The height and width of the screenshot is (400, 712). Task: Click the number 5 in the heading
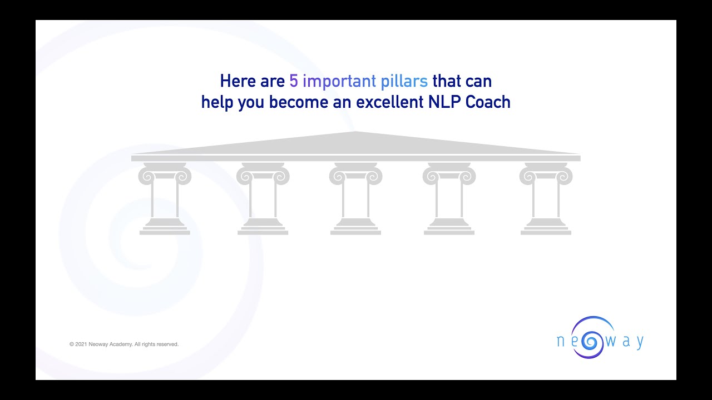click(294, 82)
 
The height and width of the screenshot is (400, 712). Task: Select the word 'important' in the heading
click(339, 82)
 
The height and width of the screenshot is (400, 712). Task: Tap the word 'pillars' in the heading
click(404, 82)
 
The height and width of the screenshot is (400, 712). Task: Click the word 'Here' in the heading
click(238, 82)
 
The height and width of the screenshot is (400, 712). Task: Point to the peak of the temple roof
click(356, 133)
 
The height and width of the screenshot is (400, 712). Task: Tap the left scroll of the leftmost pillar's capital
click(146, 177)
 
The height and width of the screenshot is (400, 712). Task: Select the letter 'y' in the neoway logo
click(640, 342)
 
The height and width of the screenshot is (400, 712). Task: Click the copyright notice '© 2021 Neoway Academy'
click(124, 344)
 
